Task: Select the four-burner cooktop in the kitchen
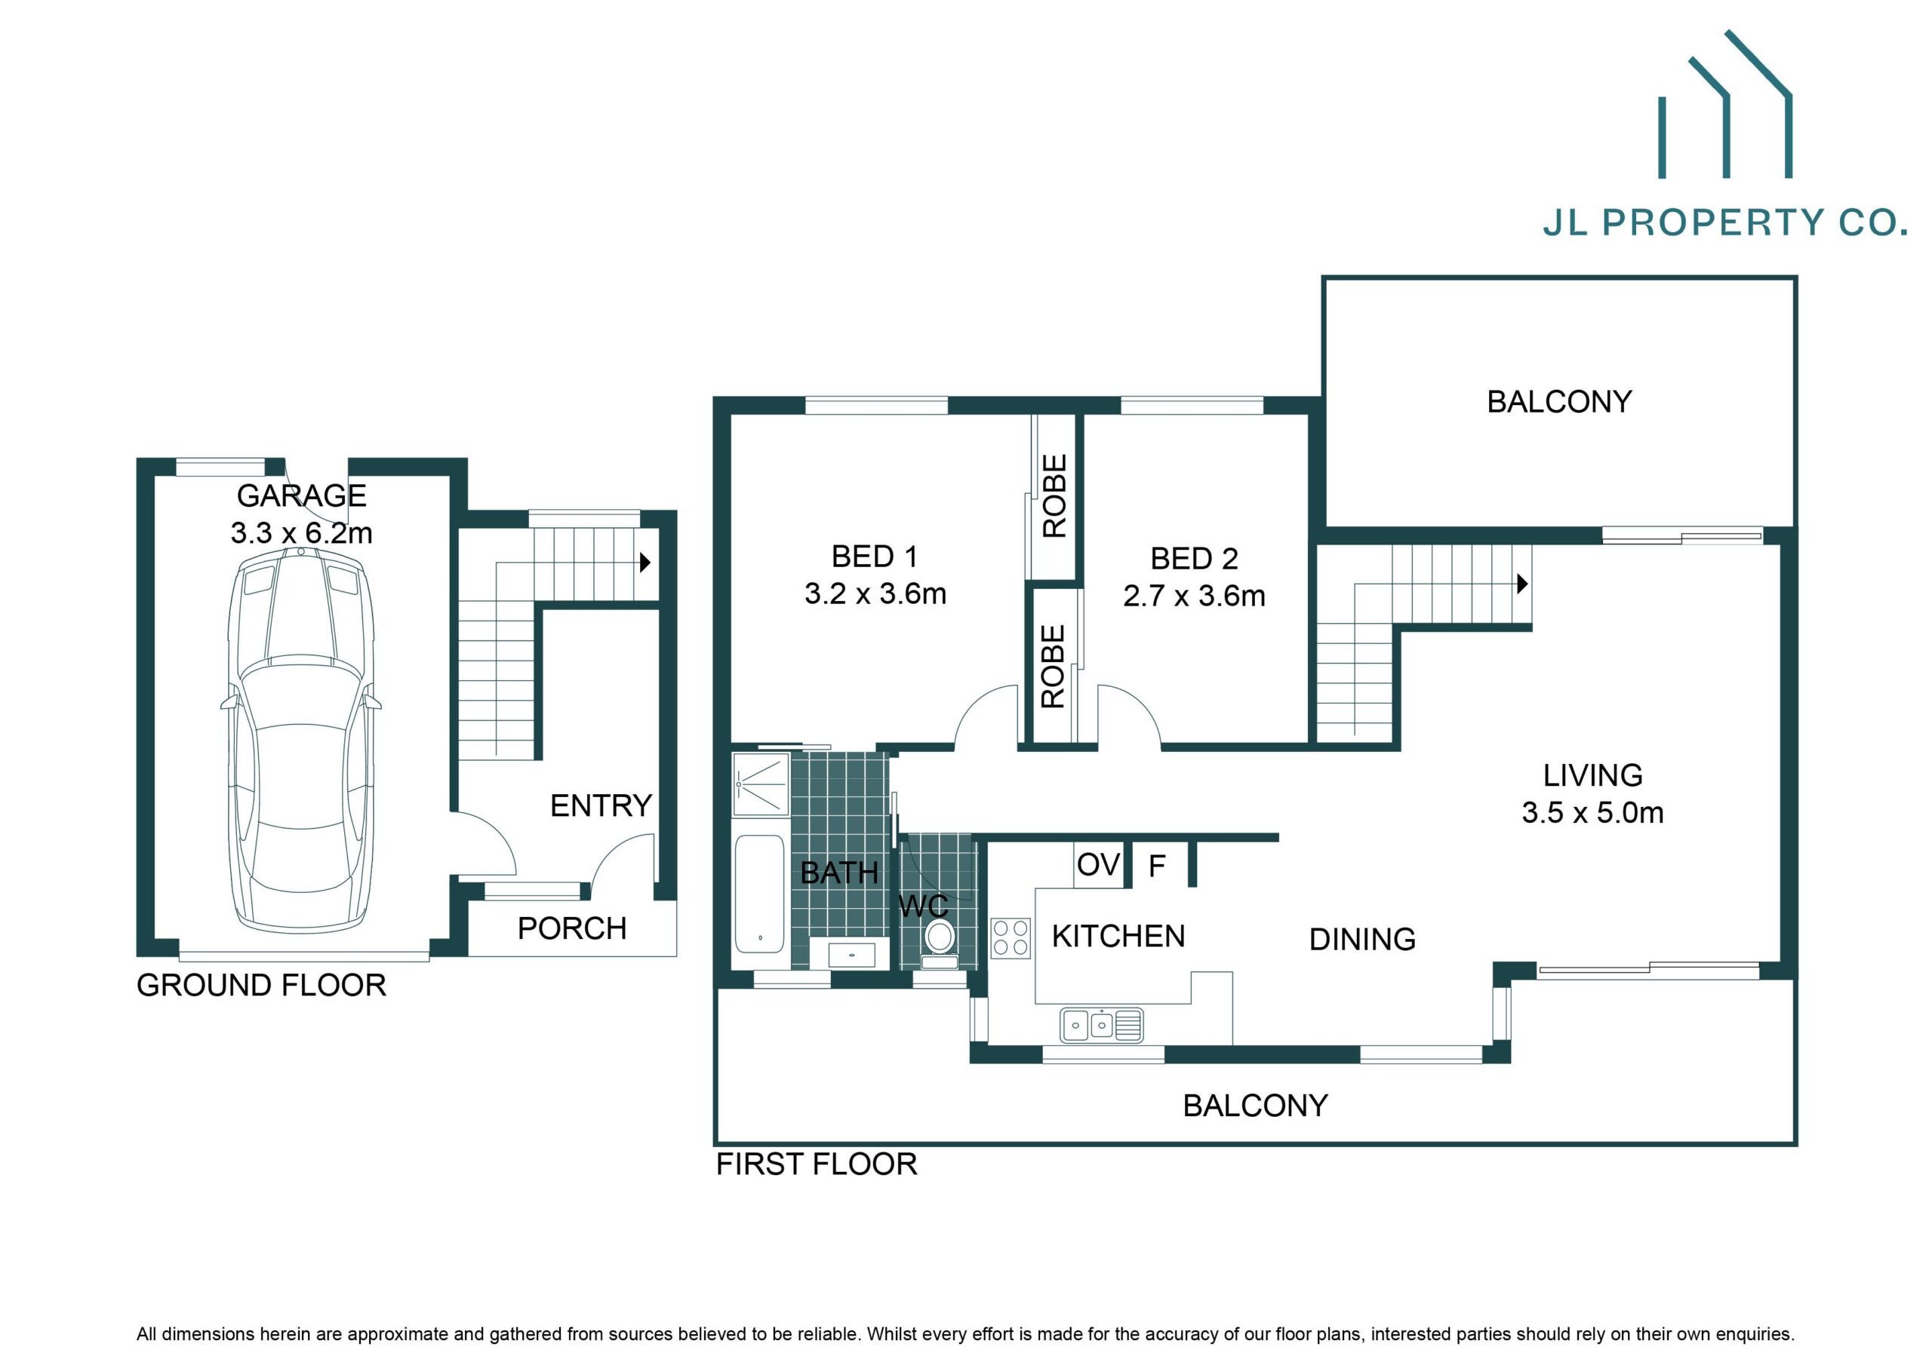click(x=1011, y=937)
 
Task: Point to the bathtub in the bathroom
click(x=760, y=893)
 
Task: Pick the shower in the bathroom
click(x=761, y=784)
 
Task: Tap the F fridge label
click(x=1157, y=866)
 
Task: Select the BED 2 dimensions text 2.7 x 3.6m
click(x=1194, y=597)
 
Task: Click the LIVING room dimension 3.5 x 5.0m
click(x=1592, y=812)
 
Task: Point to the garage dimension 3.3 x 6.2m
click(x=301, y=533)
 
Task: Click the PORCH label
click(x=571, y=928)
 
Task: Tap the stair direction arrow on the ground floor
click(x=645, y=562)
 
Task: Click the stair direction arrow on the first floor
click(x=1522, y=583)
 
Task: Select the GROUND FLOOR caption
click(x=261, y=985)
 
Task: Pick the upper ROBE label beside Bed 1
click(x=1054, y=496)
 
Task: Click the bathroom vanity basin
click(x=852, y=955)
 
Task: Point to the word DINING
click(x=1362, y=940)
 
